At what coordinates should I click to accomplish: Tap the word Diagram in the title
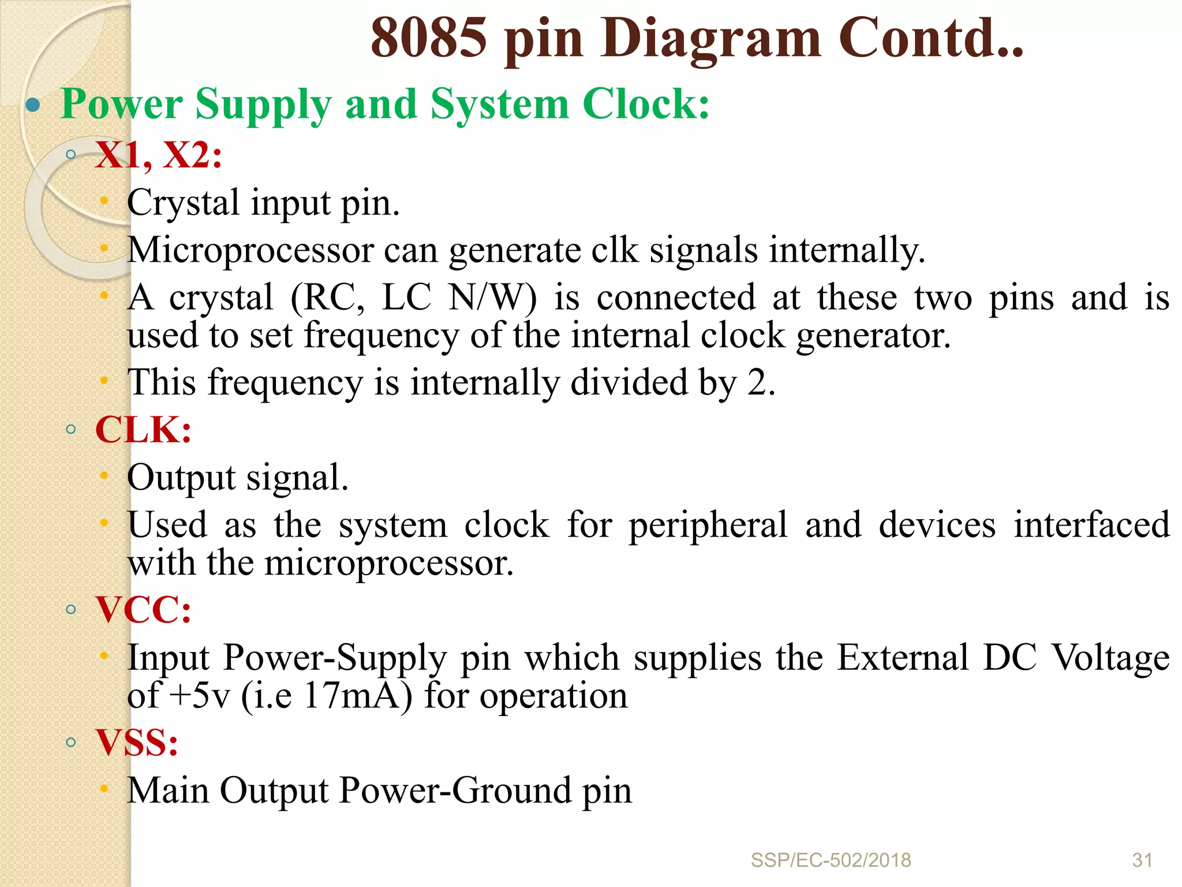point(710,39)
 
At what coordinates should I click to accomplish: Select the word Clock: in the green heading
point(645,105)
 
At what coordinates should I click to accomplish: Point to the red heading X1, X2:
point(159,155)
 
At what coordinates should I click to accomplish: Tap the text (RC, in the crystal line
point(327,298)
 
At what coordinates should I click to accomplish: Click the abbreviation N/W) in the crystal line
point(492,298)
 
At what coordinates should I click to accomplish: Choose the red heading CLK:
point(143,430)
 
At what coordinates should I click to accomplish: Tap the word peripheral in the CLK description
point(708,526)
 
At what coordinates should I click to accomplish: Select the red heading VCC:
point(143,610)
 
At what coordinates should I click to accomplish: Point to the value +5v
point(200,695)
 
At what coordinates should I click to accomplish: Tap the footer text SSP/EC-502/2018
point(831,860)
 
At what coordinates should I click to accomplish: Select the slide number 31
point(1142,860)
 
